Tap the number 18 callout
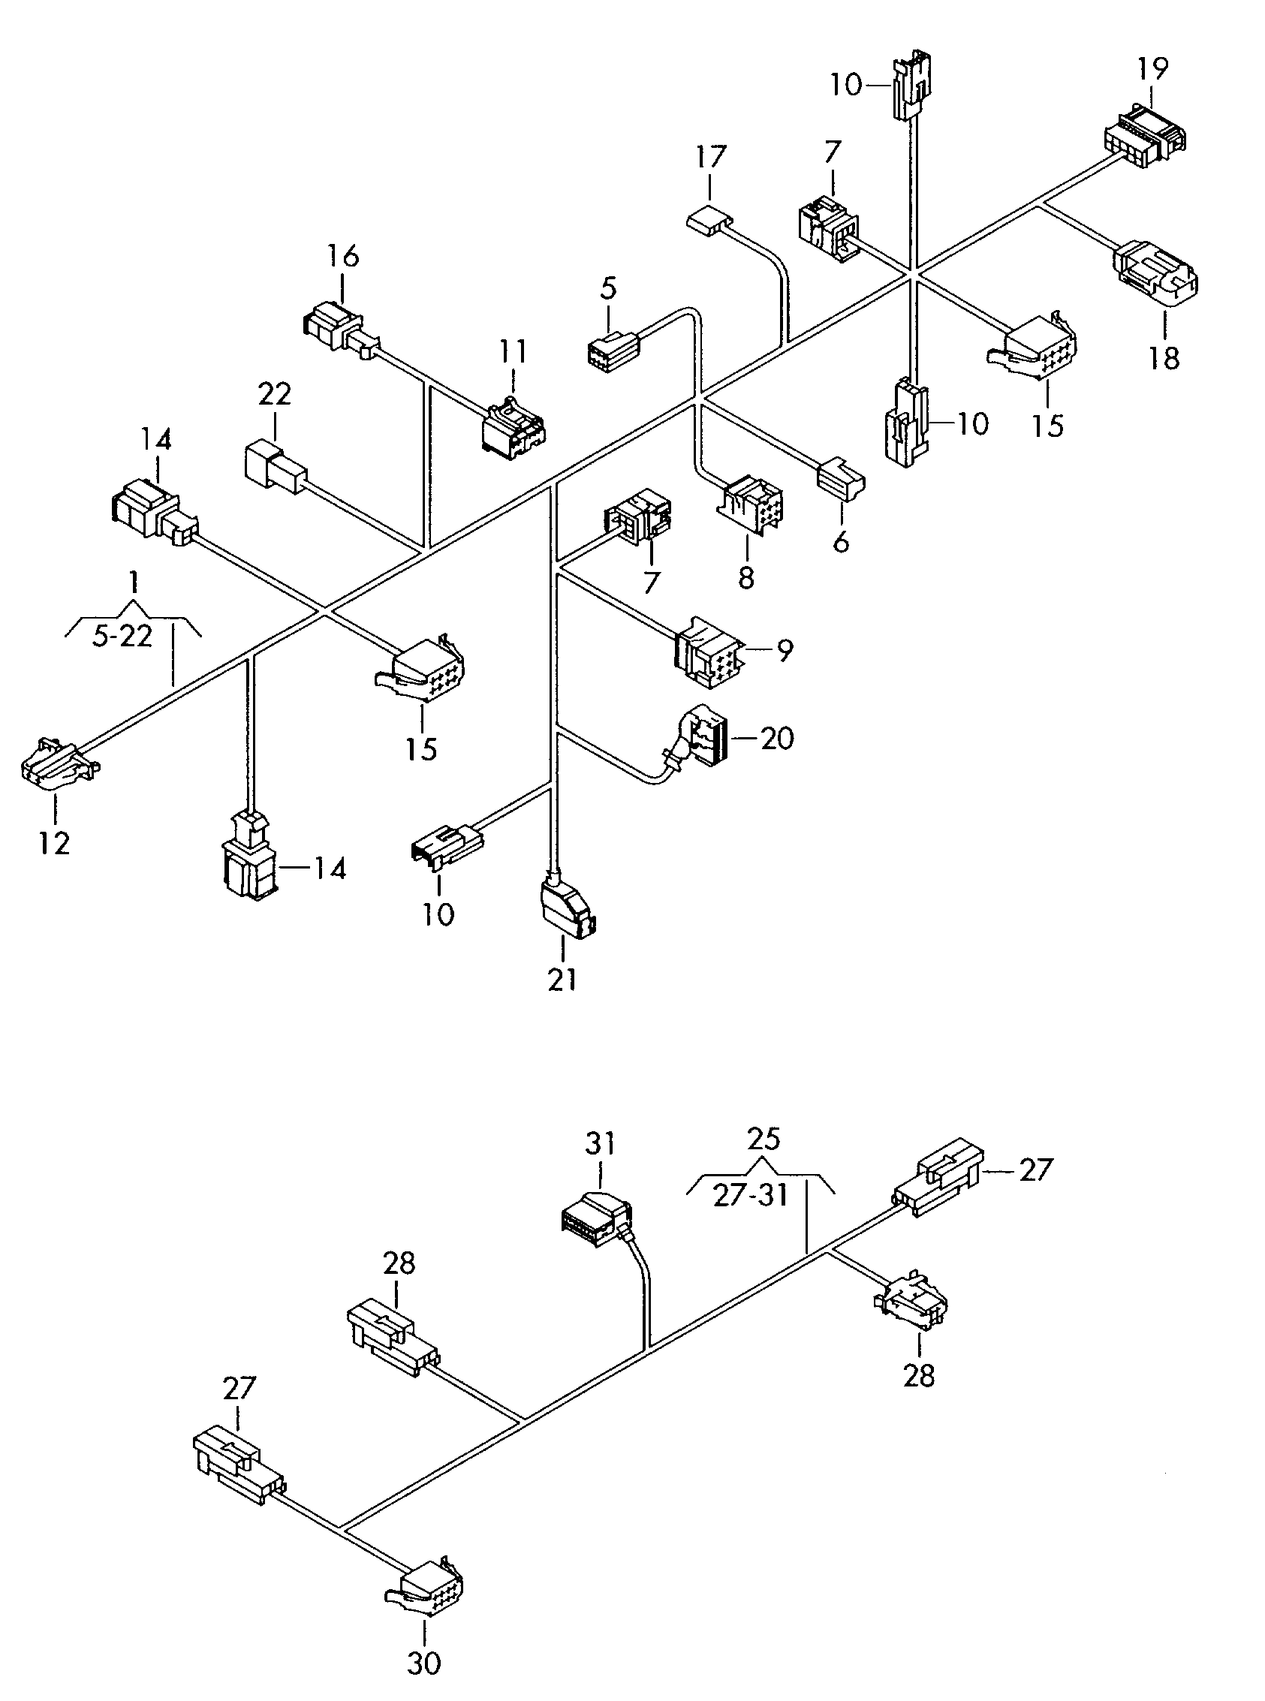[x=1164, y=357]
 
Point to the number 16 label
[x=343, y=256]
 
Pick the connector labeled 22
[x=275, y=465]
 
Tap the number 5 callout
[x=608, y=288]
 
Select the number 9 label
[x=784, y=651]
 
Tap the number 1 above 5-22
[x=134, y=583]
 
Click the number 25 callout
[x=764, y=1161]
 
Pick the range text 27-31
[x=751, y=1196]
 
